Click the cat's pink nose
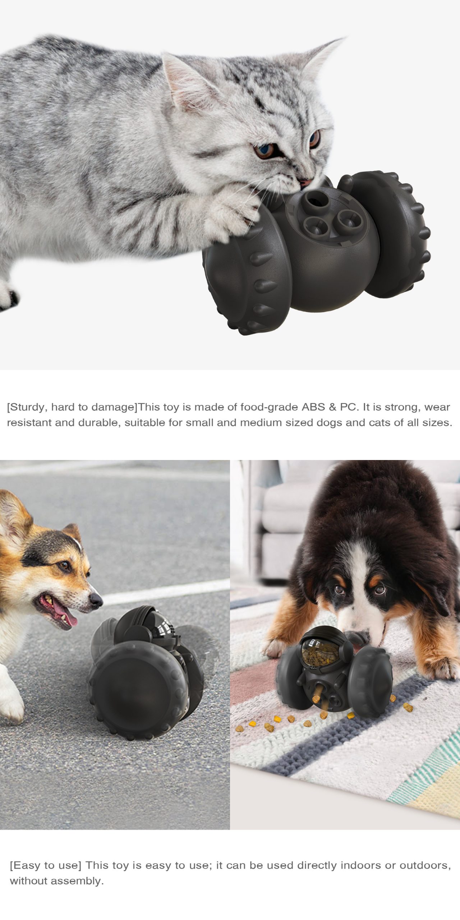305,183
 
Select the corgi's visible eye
64,566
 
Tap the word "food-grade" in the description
269,407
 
